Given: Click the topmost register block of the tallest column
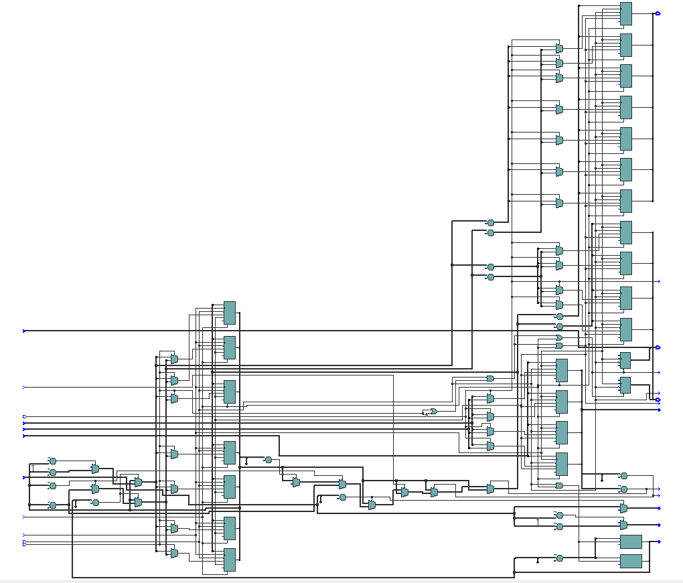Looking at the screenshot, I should click(x=625, y=13).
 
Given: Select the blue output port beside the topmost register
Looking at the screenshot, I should click(x=658, y=13).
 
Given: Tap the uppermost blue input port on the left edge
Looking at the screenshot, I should click(x=25, y=331).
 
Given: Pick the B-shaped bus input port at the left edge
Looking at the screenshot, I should click(x=25, y=544).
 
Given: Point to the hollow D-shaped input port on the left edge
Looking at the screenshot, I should click(x=25, y=416).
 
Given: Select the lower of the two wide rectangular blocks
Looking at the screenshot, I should click(x=631, y=561).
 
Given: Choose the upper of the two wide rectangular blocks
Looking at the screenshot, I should click(x=631, y=542).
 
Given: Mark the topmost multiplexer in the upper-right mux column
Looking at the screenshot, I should click(x=559, y=49).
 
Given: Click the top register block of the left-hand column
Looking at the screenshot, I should click(x=229, y=313).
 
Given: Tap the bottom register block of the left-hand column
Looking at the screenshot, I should click(x=229, y=560).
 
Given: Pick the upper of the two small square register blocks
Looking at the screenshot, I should click(x=625, y=360).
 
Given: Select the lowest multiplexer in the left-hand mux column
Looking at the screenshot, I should click(x=174, y=553).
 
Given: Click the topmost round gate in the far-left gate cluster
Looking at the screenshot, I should click(x=53, y=461).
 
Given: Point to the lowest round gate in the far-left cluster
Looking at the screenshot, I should click(x=53, y=505).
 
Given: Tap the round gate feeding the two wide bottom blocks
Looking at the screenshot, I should click(x=559, y=558).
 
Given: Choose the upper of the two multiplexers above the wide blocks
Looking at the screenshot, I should click(x=623, y=509).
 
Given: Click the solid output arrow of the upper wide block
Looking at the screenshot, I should click(x=660, y=542).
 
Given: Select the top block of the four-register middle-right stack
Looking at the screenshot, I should click(x=561, y=370).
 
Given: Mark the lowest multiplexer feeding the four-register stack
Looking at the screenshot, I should click(x=490, y=446).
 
